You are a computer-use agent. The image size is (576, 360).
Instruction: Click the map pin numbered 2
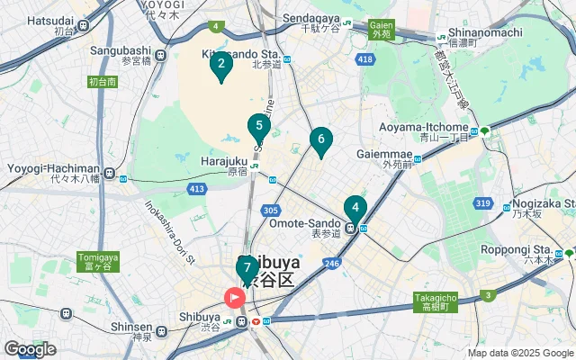click(x=220, y=65)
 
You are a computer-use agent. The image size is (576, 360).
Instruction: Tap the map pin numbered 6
click(x=320, y=140)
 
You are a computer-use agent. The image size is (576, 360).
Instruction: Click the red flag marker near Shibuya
click(x=235, y=296)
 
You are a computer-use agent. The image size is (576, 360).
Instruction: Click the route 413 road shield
click(x=196, y=188)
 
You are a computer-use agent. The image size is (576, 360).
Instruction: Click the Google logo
click(x=31, y=348)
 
